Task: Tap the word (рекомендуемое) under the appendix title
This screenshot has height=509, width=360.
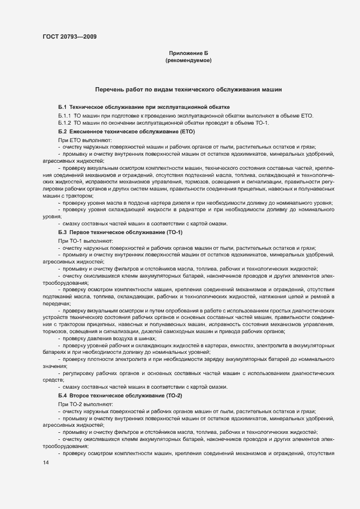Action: coord(188,60)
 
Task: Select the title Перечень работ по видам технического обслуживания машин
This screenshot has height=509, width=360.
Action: coord(188,88)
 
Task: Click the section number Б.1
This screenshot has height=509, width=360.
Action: coord(63,107)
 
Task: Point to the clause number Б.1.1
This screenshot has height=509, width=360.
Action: coord(65,116)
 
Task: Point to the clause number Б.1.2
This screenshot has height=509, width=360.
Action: coord(65,123)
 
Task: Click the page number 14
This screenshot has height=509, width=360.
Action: coord(46,462)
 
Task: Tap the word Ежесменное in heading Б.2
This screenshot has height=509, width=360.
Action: coord(89,132)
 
